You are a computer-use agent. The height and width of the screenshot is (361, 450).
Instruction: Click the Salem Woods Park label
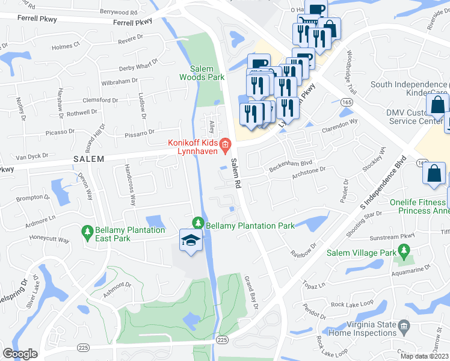tap(202, 73)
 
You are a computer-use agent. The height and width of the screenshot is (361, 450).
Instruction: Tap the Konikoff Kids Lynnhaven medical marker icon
tap(225, 143)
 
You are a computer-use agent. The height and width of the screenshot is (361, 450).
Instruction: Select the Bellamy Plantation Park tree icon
tap(198, 223)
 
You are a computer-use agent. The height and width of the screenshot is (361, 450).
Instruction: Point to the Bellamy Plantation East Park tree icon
tap(88, 231)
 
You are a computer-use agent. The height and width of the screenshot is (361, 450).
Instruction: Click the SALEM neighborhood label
tap(89, 159)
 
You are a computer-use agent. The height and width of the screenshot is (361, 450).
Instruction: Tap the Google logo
tap(20, 354)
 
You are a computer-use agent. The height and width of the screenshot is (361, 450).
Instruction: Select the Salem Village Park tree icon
tap(403, 253)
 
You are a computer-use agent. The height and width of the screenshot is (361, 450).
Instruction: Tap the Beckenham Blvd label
tap(291, 163)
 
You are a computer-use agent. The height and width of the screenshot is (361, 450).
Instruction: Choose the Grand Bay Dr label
tap(250, 292)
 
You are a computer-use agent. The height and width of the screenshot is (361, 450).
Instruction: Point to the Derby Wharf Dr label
tap(138, 64)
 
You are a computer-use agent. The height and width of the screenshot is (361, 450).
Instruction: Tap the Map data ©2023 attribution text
tap(424, 356)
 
